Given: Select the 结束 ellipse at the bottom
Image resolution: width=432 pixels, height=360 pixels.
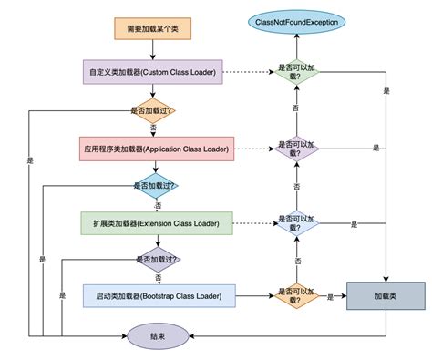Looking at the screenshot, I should coord(158,336).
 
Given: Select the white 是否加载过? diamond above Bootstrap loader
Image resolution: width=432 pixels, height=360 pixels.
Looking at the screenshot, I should coord(157,258).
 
